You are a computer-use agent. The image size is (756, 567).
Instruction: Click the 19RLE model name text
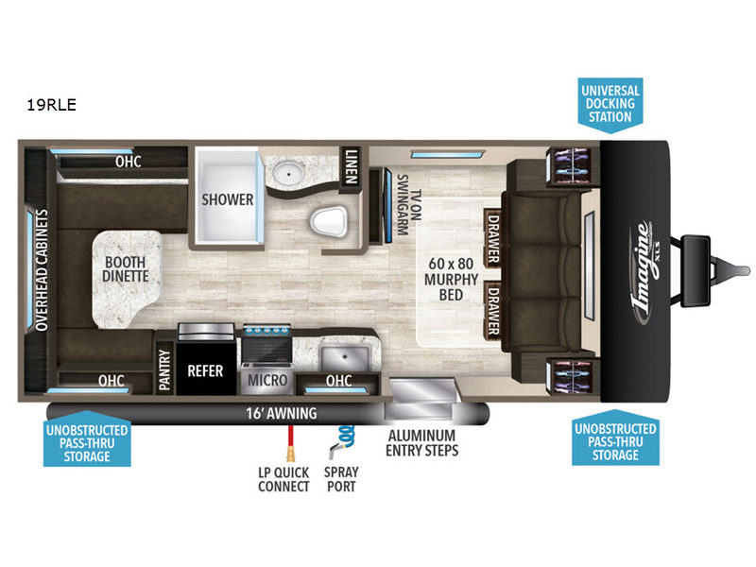52,105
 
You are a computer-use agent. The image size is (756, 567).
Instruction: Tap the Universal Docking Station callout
610,104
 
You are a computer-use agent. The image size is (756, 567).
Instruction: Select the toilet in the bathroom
329,222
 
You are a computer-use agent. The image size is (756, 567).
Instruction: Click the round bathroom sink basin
289,172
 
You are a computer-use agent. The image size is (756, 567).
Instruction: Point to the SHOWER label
228,199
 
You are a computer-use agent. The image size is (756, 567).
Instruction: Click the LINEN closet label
351,166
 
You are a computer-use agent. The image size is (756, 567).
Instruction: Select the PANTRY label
164,369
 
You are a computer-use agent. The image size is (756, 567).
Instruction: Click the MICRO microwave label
267,381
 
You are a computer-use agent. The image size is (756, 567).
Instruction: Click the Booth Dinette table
127,279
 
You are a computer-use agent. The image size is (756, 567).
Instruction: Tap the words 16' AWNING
282,413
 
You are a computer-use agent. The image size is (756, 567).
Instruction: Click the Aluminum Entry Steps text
421,442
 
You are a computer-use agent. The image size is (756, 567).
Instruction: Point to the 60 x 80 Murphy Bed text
451,279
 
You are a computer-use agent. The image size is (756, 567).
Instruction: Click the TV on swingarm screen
387,205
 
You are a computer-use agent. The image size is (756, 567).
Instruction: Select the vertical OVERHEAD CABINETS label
42,270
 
